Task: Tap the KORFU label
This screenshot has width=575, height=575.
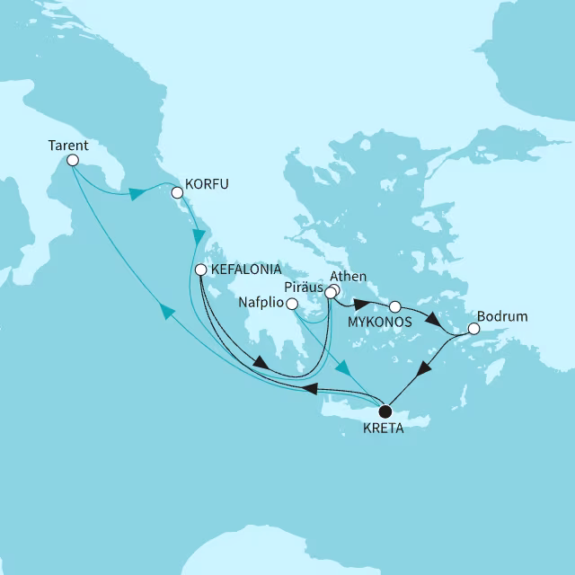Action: click(x=206, y=184)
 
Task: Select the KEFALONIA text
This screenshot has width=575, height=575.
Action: click(x=247, y=270)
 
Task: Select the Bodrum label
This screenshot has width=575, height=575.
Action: click(x=503, y=317)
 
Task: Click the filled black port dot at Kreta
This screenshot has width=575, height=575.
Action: click(x=385, y=411)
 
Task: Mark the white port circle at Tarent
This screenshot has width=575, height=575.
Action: click(x=73, y=160)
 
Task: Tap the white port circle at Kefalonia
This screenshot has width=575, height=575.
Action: click(x=201, y=270)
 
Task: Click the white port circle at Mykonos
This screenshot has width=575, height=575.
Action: click(x=394, y=306)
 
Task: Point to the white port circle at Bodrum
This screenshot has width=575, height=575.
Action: click(x=474, y=329)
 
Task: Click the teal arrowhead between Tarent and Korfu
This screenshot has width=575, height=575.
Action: click(x=137, y=193)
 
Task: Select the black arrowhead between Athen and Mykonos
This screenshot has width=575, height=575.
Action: click(x=361, y=302)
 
